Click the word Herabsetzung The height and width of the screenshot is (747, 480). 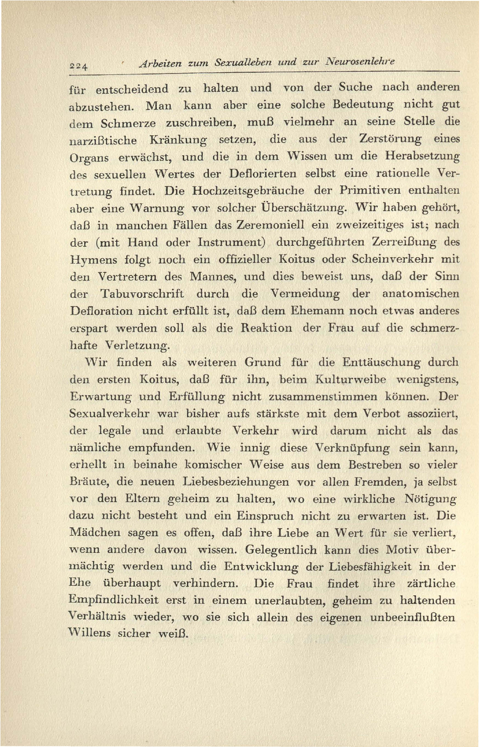[422, 156]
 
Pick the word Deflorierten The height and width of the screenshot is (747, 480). [262, 174]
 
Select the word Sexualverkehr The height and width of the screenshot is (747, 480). [109, 414]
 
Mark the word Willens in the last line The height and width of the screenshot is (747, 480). [89, 634]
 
